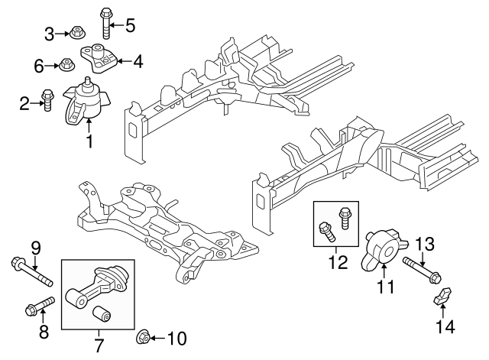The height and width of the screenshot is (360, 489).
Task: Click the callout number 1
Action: [89, 141]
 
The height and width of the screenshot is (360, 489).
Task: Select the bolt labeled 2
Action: [46, 100]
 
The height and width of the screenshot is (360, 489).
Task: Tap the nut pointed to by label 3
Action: [77, 32]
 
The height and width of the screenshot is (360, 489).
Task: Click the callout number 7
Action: [99, 345]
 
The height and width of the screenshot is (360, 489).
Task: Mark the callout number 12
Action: [335, 263]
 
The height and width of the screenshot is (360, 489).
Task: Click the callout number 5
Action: [130, 25]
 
